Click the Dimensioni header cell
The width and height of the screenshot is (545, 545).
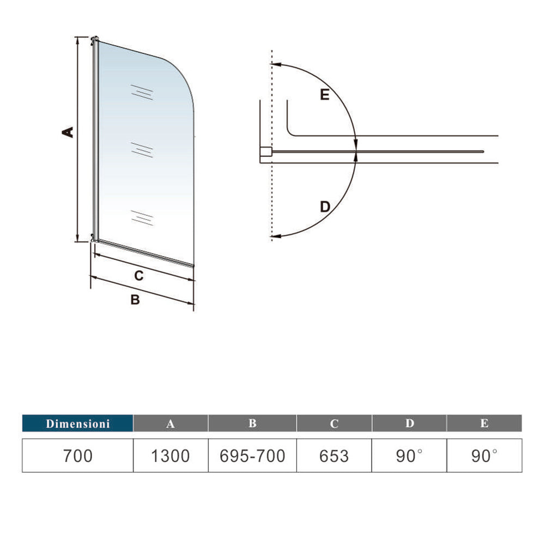(77, 423)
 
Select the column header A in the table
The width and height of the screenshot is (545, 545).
(171, 423)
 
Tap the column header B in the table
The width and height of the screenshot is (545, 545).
(252, 423)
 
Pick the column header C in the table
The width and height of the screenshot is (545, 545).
(334, 423)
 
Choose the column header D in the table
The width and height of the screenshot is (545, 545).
(409, 423)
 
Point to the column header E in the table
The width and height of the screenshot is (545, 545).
(485, 423)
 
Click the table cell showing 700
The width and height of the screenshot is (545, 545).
(77, 456)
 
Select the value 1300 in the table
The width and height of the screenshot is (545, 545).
(171, 456)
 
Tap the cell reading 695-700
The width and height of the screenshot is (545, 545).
(252, 456)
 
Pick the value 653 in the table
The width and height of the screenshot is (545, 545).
(334, 456)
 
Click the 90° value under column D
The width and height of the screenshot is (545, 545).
(409, 456)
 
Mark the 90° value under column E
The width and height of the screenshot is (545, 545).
(485, 456)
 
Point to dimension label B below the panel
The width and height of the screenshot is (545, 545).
(135, 299)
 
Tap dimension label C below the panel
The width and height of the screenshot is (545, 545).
(139, 276)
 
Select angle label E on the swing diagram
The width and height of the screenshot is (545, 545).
(325, 95)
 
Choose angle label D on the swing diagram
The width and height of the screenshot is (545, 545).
(325, 207)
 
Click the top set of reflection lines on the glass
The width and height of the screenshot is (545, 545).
(141, 93)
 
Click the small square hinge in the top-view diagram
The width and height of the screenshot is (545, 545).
(266, 153)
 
